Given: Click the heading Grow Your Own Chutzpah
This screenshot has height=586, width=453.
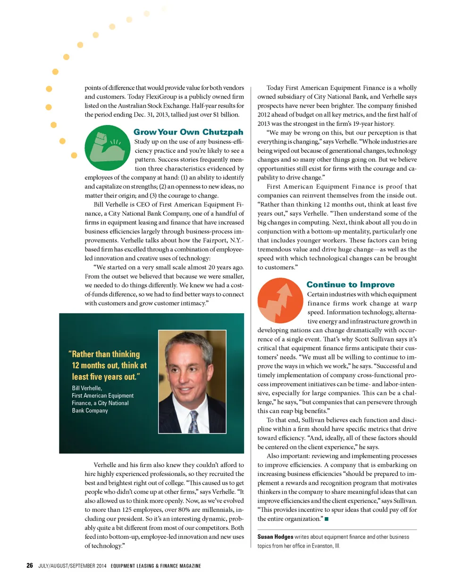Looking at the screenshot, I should tap(188, 132).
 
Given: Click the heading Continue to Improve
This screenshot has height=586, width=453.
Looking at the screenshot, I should tap(350, 285).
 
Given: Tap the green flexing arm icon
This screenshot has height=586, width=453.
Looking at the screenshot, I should tap(107, 148).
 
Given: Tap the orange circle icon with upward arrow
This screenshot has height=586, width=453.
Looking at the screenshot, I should tap(280, 301).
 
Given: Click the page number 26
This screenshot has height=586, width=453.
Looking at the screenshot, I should tap(30, 565).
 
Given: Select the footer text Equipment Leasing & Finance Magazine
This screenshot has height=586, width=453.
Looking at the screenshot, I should tap(156, 566).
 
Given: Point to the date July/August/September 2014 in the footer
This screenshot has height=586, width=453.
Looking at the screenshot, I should tap(72, 566).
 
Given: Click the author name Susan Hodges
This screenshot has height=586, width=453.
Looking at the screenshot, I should tap(275, 537).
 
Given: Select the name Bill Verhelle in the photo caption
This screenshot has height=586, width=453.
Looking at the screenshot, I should tap(87, 388).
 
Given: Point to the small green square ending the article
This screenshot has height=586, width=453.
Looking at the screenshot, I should tap(327, 519).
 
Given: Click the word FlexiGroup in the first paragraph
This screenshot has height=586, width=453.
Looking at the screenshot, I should tap(161, 97).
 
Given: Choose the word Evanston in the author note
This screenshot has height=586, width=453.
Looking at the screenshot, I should tap(322, 546).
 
